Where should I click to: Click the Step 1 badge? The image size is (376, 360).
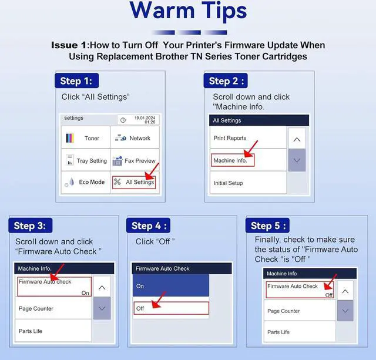click(76, 80)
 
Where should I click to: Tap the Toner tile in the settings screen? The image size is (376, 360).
click(86, 137)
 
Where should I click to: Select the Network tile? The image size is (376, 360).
click(135, 137)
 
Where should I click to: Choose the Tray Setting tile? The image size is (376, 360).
click(86, 160)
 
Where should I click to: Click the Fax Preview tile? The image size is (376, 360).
click(135, 160)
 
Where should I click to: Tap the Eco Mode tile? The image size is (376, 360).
click(86, 182)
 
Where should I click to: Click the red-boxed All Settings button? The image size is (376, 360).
click(134, 183)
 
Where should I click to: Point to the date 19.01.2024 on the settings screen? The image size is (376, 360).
click(145, 118)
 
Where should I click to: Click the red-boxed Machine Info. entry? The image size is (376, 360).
click(233, 160)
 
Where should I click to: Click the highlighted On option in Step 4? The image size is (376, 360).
click(171, 285)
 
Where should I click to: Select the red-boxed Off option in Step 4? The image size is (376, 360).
click(171, 308)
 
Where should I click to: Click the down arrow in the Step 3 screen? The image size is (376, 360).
click(102, 308)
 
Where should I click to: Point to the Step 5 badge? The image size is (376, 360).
click(267, 226)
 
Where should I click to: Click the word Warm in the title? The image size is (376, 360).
click(162, 11)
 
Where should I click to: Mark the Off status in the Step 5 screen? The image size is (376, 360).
click(329, 295)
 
